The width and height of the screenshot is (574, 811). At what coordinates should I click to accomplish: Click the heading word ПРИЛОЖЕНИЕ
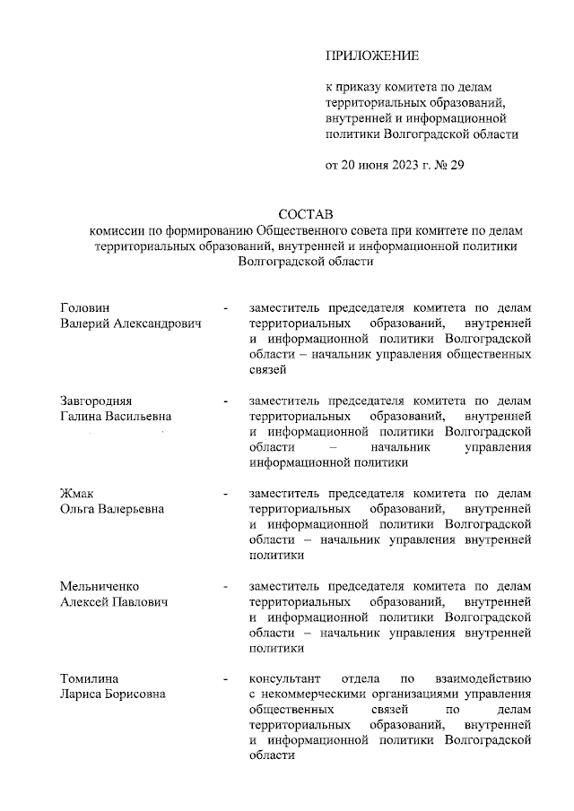click(371, 56)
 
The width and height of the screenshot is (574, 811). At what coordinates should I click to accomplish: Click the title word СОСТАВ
click(305, 215)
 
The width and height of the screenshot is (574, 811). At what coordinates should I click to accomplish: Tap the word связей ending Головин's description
click(268, 369)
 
